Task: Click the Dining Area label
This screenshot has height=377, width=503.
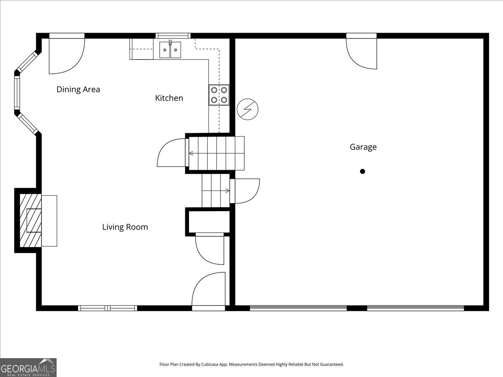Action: coord(78,89)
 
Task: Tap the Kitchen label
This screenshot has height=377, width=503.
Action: coord(169,98)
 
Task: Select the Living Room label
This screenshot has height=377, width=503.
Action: coord(125,227)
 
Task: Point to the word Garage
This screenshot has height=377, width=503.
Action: coord(363,147)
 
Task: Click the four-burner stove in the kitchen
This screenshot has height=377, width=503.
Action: coord(219,95)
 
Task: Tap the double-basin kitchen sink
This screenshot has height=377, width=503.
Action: coord(170,50)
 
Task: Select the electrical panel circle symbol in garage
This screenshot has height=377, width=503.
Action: coord(247,110)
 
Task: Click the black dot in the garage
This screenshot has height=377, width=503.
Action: coord(363,171)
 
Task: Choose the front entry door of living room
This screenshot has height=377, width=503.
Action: coord(209,290)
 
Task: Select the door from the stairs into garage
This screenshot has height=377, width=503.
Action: coord(246,191)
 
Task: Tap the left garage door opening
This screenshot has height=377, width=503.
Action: coord(298,308)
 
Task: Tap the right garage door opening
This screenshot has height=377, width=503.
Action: coord(415,308)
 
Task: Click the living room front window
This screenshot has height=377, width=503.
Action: coord(108,308)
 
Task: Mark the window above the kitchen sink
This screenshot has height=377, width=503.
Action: coord(173,36)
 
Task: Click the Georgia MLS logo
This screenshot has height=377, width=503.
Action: coord(28,367)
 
